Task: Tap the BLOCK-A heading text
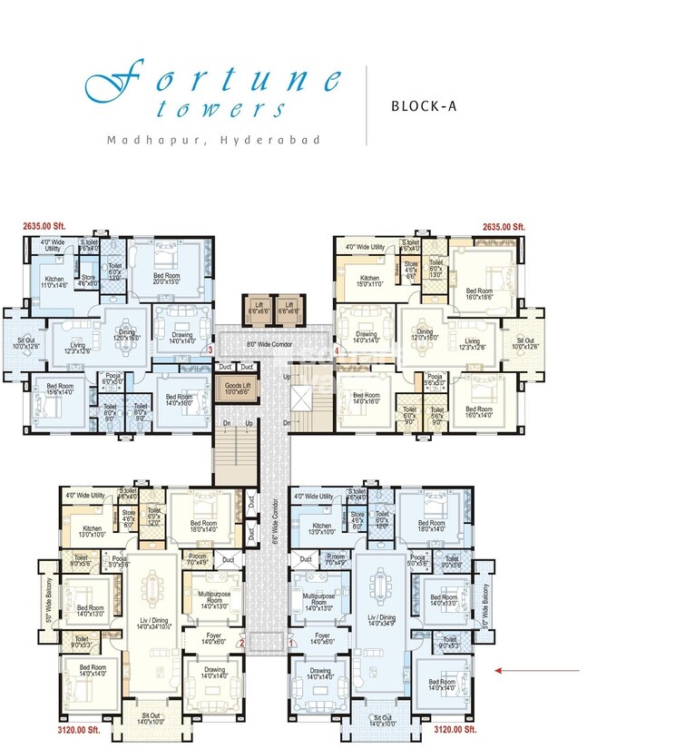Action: (x=424, y=105)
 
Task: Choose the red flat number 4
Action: (x=336, y=350)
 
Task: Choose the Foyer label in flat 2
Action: (x=214, y=638)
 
